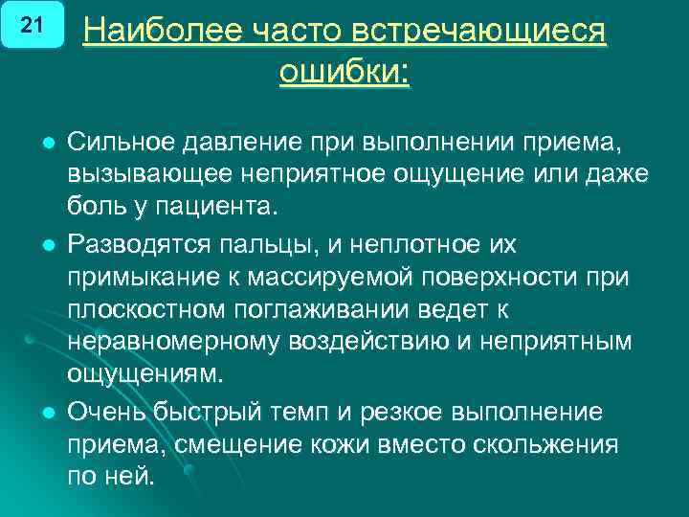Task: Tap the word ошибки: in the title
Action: [344, 72]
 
